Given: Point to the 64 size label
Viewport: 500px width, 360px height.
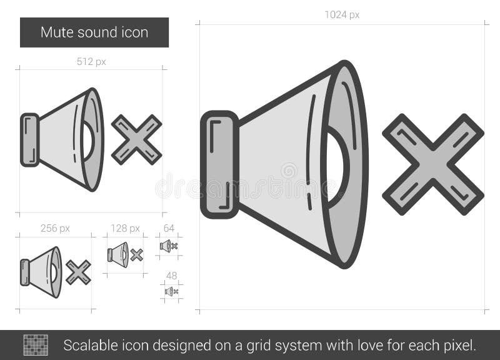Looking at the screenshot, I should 169,228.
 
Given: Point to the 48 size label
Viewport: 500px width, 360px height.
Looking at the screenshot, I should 171,275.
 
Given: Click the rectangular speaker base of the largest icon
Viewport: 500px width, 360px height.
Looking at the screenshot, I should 219,164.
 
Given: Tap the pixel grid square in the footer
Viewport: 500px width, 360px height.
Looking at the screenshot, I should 36,345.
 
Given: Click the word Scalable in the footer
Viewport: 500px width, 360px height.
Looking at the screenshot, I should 88,345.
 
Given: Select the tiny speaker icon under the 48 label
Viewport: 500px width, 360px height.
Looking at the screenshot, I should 169,291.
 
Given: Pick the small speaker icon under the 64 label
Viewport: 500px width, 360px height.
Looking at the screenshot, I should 166,246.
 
